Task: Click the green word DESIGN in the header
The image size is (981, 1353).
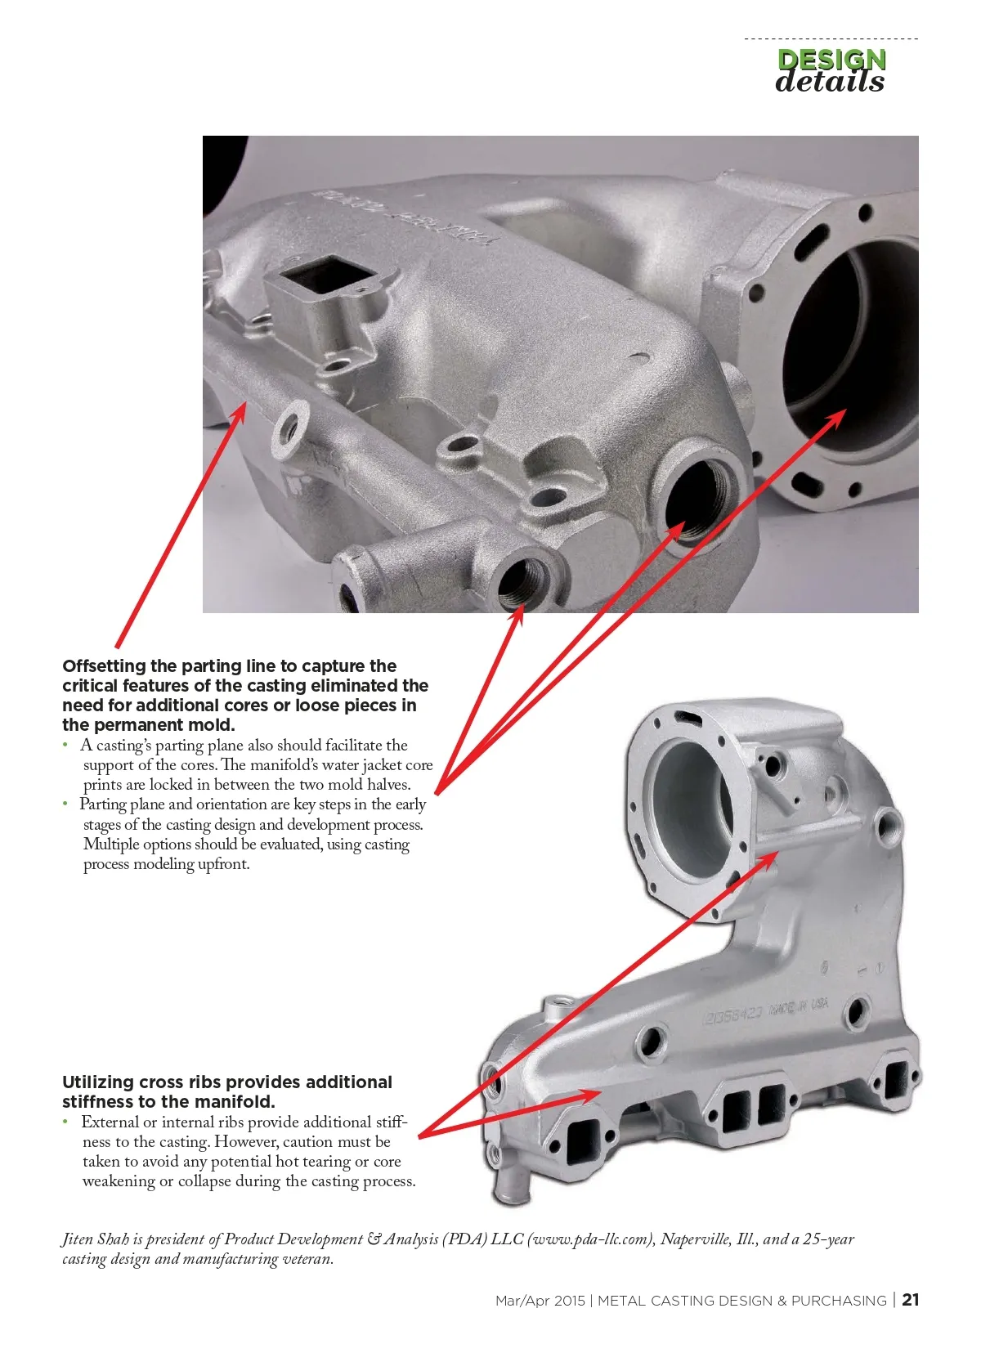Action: point(831,60)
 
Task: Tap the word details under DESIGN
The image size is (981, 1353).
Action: point(830,82)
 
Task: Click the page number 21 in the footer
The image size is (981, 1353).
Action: point(911,1299)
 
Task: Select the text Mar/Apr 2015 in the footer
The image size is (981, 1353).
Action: point(540,1300)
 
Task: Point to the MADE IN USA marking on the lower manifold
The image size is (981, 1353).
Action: point(799,1006)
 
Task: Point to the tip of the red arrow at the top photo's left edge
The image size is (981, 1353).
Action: point(246,401)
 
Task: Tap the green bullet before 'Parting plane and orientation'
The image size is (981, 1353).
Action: point(65,804)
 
